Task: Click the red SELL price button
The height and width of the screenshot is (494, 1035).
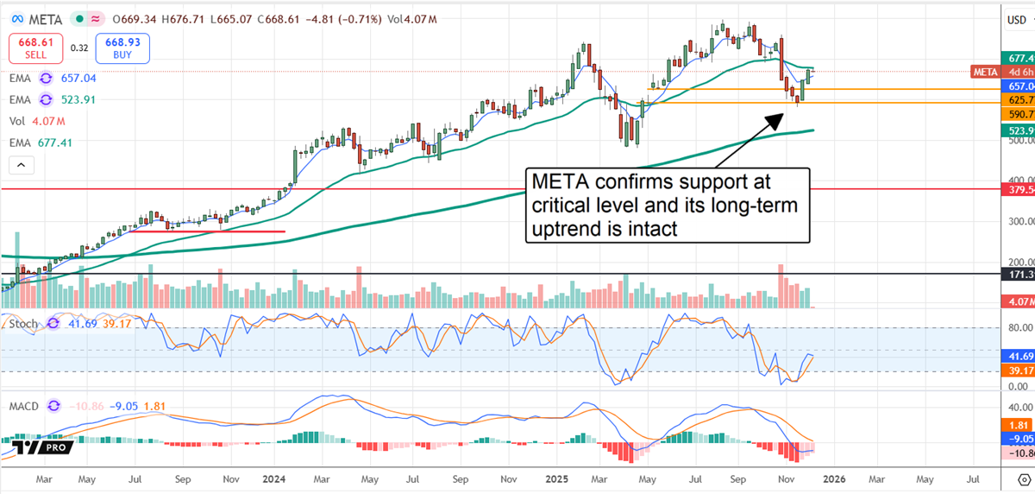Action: [35, 47]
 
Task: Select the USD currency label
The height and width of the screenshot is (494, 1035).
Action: [1018, 18]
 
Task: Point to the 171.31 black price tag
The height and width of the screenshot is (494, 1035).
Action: [1021, 274]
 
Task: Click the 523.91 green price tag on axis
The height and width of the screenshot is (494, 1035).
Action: [1021, 130]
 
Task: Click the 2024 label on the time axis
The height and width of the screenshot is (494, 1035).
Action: [274, 477]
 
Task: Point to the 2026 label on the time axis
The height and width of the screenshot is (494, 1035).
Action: [832, 477]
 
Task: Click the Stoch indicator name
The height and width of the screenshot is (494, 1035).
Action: [23, 324]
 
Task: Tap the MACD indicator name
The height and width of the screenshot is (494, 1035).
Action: [26, 405]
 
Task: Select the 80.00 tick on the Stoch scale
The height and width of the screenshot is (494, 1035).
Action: [1018, 328]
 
